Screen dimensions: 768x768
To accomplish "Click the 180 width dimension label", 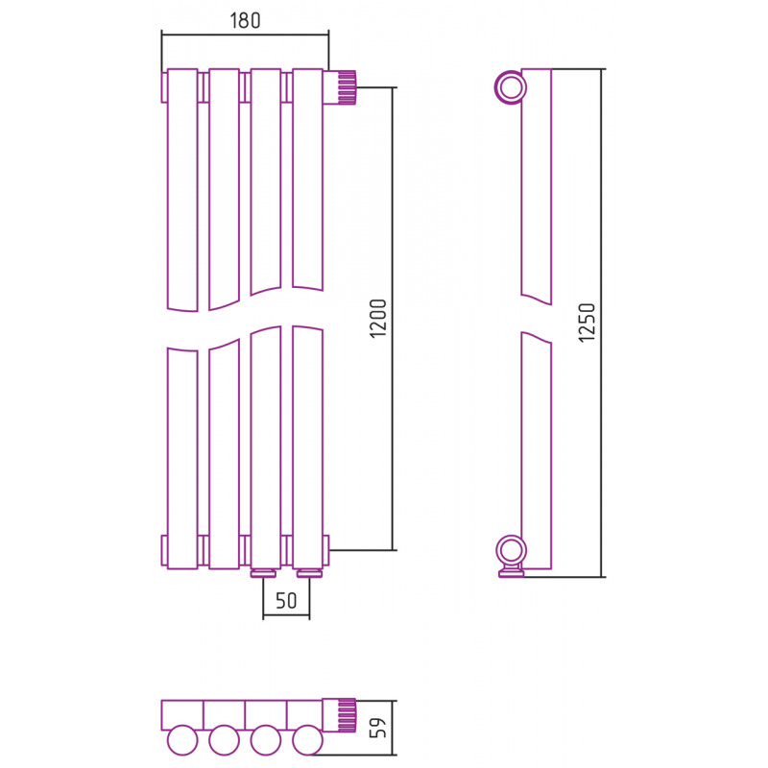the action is point(245,20).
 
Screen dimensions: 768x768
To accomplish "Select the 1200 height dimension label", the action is point(378,318).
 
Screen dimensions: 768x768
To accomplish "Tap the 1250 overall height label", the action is point(587,323).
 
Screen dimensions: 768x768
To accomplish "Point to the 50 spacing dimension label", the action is point(286,601).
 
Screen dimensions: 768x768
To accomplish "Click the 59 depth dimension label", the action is point(378,728).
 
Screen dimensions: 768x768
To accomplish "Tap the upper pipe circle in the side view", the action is point(511,88).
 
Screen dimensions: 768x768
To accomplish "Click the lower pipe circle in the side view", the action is point(511,551).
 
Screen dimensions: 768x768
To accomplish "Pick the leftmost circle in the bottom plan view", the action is point(182,740).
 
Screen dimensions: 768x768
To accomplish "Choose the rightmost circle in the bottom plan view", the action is point(307,740).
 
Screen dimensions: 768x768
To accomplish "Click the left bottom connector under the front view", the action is point(265,573).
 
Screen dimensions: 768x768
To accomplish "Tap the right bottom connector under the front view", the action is point(307,573).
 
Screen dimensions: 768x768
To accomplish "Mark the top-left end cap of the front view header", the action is point(164,87).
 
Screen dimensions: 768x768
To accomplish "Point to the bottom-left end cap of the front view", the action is point(164,550).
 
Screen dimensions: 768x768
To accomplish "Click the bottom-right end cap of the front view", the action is point(326,550).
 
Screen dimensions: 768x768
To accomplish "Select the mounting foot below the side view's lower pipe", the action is point(511,572).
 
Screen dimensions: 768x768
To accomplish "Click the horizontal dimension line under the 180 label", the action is point(245,35).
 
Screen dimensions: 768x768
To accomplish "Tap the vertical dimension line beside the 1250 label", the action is point(602,324).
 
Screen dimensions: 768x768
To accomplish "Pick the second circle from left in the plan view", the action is point(224,740).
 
